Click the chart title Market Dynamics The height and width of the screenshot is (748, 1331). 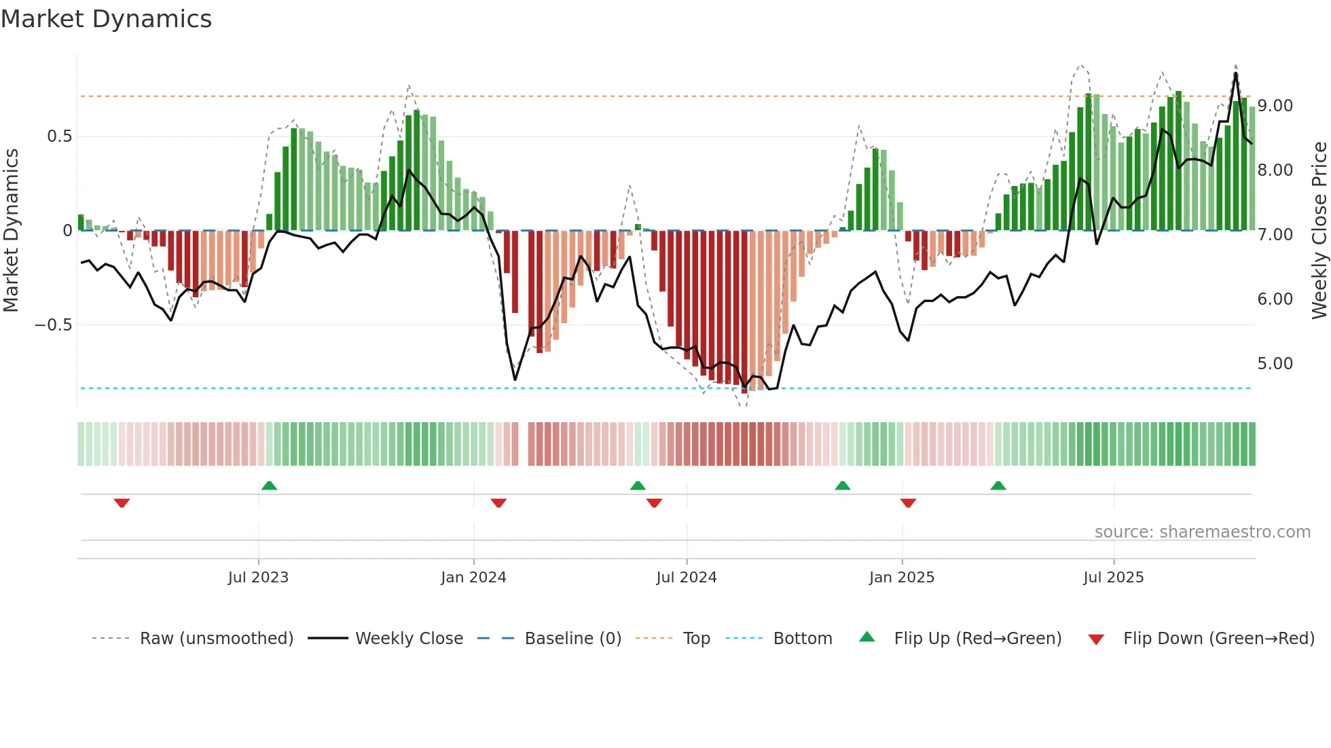point(106,19)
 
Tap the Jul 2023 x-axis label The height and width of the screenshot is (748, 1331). point(258,578)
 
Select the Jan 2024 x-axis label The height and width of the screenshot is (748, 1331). point(473,578)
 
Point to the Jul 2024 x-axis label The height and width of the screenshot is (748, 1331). point(687,578)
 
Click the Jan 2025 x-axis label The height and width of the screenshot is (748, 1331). point(902,578)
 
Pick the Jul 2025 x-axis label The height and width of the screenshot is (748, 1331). point(1114,578)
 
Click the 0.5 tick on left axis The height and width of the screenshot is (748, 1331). point(59,136)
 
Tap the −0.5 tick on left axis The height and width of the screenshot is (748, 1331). point(54,325)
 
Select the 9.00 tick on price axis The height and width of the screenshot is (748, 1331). point(1275,106)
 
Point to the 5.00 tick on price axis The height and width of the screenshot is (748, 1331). point(1275,364)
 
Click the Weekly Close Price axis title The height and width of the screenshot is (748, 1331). point(1319,231)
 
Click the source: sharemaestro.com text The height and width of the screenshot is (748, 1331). point(1202,532)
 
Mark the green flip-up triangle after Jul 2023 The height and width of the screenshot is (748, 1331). point(270,485)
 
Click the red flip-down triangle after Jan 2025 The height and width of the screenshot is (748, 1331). point(908,503)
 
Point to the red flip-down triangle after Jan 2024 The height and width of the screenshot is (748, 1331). point(498,503)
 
